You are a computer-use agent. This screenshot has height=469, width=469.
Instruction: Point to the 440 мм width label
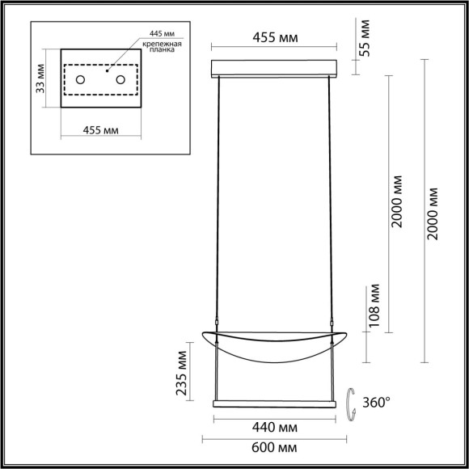273,425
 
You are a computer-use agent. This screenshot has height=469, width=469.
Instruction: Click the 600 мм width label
273,448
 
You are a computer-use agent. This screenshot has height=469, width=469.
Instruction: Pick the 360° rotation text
376,400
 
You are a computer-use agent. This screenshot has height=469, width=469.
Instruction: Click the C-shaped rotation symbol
352,401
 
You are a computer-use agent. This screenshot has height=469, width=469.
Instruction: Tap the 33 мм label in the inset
41,78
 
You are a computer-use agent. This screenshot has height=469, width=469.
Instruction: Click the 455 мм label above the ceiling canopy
273,37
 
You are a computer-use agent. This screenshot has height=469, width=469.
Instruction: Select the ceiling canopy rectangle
273,67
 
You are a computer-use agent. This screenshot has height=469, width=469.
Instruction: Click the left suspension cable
219,202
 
